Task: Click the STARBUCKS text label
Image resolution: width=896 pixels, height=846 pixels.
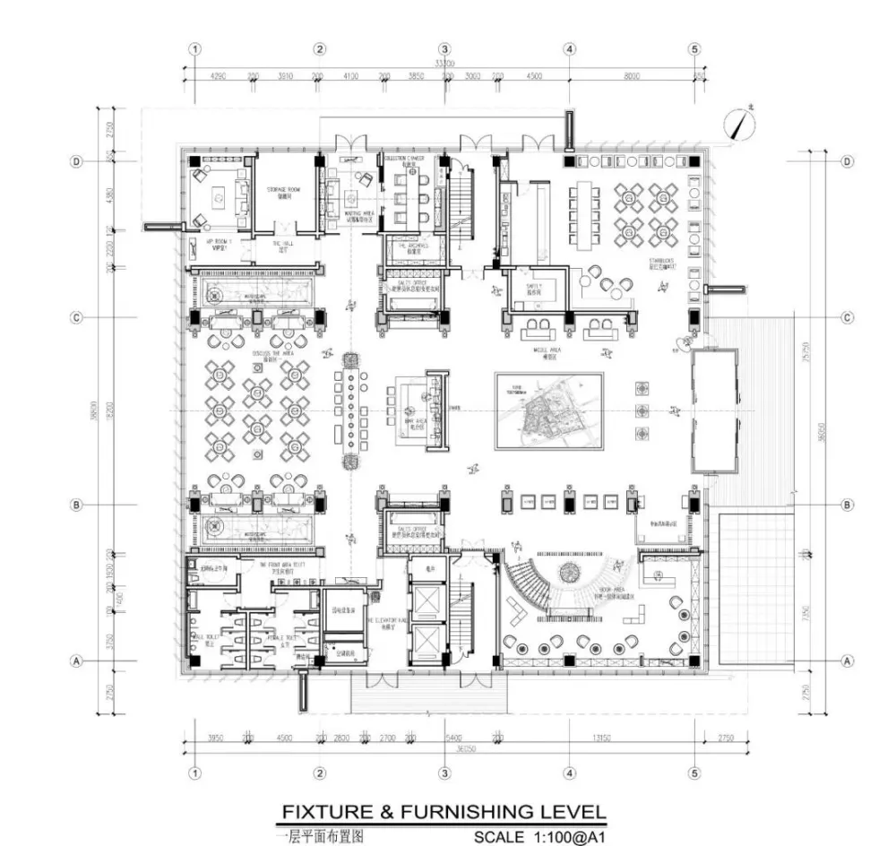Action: [663, 263]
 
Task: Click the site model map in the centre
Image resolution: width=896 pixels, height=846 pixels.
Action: [548, 411]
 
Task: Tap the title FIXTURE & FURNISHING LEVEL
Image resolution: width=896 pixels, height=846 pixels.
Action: [444, 812]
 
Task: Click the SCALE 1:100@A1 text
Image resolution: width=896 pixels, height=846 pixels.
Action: [540, 837]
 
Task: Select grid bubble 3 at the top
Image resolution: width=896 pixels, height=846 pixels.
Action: [444, 49]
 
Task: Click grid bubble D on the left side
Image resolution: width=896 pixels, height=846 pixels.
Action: [77, 162]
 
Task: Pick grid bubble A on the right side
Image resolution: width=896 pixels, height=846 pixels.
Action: [848, 660]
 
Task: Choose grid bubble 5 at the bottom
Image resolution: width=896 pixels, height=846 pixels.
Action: [694, 773]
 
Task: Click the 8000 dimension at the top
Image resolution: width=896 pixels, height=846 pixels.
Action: [632, 77]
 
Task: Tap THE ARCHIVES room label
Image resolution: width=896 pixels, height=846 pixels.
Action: [411, 246]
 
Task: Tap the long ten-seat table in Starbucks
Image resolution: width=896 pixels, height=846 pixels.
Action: [586, 216]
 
